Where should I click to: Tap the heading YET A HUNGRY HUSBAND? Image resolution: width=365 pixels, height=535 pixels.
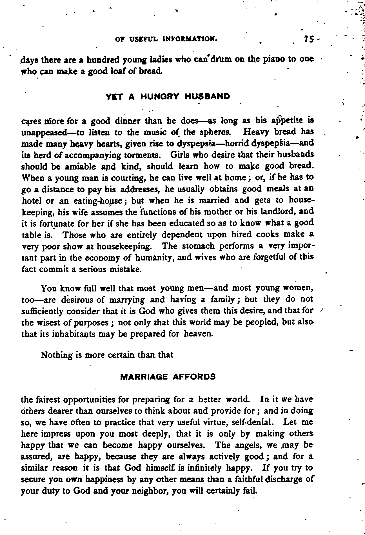click(x=168, y=97)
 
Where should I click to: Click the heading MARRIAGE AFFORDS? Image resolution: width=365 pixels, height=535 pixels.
click(x=168, y=377)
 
